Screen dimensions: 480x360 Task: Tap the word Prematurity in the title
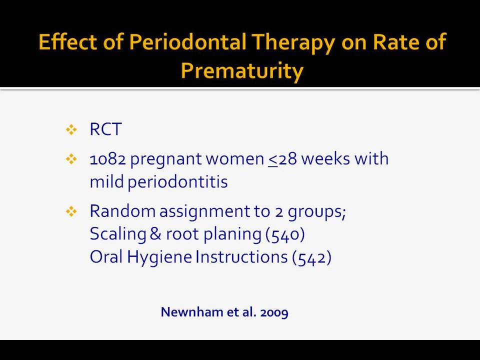(242, 71)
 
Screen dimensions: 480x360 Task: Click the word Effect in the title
(67, 41)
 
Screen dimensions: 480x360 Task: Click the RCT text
(105, 129)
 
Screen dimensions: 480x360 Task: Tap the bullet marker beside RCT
(71, 130)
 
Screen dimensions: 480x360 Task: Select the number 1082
(108, 159)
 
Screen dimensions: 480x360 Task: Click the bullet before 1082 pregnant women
(71, 159)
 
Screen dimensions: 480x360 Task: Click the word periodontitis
(177, 182)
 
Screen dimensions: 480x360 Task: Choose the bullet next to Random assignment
(71, 211)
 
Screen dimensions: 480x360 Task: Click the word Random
(122, 211)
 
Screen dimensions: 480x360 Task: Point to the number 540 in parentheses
(285, 234)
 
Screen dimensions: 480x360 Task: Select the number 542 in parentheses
(311, 257)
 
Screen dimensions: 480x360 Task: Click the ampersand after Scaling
(155, 233)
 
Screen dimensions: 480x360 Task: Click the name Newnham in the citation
(192, 312)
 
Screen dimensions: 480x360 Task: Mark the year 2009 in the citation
(274, 312)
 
